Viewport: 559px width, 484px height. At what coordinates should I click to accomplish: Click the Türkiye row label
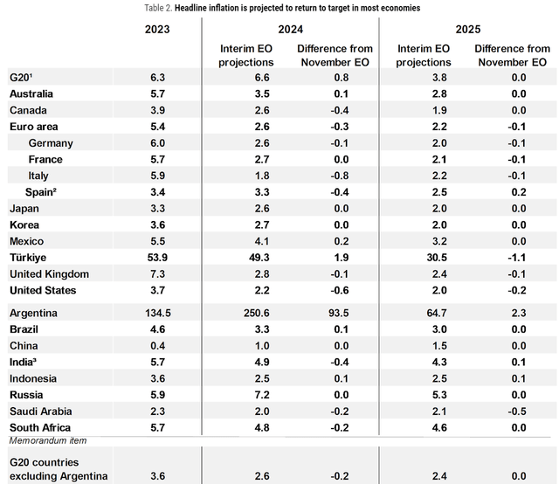[27, 258]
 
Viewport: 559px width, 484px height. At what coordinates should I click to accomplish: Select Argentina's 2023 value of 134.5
[158, 313]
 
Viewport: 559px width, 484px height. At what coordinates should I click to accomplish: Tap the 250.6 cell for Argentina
[250, 313]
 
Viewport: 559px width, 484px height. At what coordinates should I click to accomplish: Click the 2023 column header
[158, 28]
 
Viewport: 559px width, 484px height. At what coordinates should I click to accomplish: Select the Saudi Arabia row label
[40, 411]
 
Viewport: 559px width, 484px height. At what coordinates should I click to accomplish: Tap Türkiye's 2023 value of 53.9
[158, 258]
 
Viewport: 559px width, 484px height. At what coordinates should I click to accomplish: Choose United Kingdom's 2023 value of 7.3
[158, 274]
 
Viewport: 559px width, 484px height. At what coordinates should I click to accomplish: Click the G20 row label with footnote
[23, 77]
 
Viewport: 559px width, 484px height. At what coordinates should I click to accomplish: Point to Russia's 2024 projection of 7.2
[250, 395]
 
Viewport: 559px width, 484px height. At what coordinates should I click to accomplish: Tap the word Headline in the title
[196, 8]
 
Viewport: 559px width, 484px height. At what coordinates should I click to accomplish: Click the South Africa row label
[39, 427]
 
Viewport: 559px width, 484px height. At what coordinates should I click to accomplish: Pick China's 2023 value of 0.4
[158, 345]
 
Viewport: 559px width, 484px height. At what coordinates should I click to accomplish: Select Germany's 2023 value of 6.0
[158, 143]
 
